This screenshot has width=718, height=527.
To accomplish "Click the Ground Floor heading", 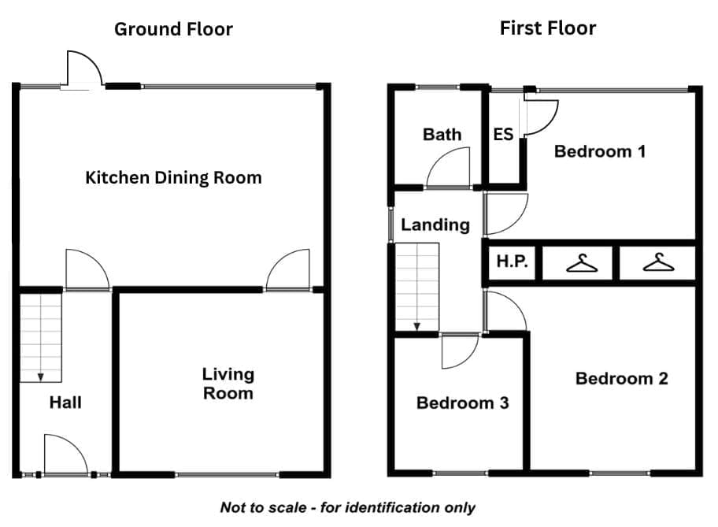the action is pos(173,29).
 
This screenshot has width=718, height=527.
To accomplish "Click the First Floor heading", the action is pos(548,28).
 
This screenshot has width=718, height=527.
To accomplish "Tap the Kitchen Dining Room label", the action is pos(173,178).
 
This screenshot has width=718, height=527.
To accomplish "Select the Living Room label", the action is pos(228,384).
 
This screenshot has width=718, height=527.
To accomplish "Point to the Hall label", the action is pos(65,403).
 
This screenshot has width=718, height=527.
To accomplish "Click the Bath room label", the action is pos(442,134).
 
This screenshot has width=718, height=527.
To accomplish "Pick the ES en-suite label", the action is pos(503,134).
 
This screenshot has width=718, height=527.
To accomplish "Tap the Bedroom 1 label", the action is pos(600,151).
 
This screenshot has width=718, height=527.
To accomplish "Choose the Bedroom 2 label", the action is pos(621,379).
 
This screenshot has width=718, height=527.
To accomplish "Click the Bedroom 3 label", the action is pos(462,403).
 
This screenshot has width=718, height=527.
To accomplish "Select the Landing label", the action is pos(435,225).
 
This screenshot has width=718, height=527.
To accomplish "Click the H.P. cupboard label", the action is pos(513,262).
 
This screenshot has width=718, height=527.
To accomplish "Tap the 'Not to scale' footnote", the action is pos(347,508).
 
